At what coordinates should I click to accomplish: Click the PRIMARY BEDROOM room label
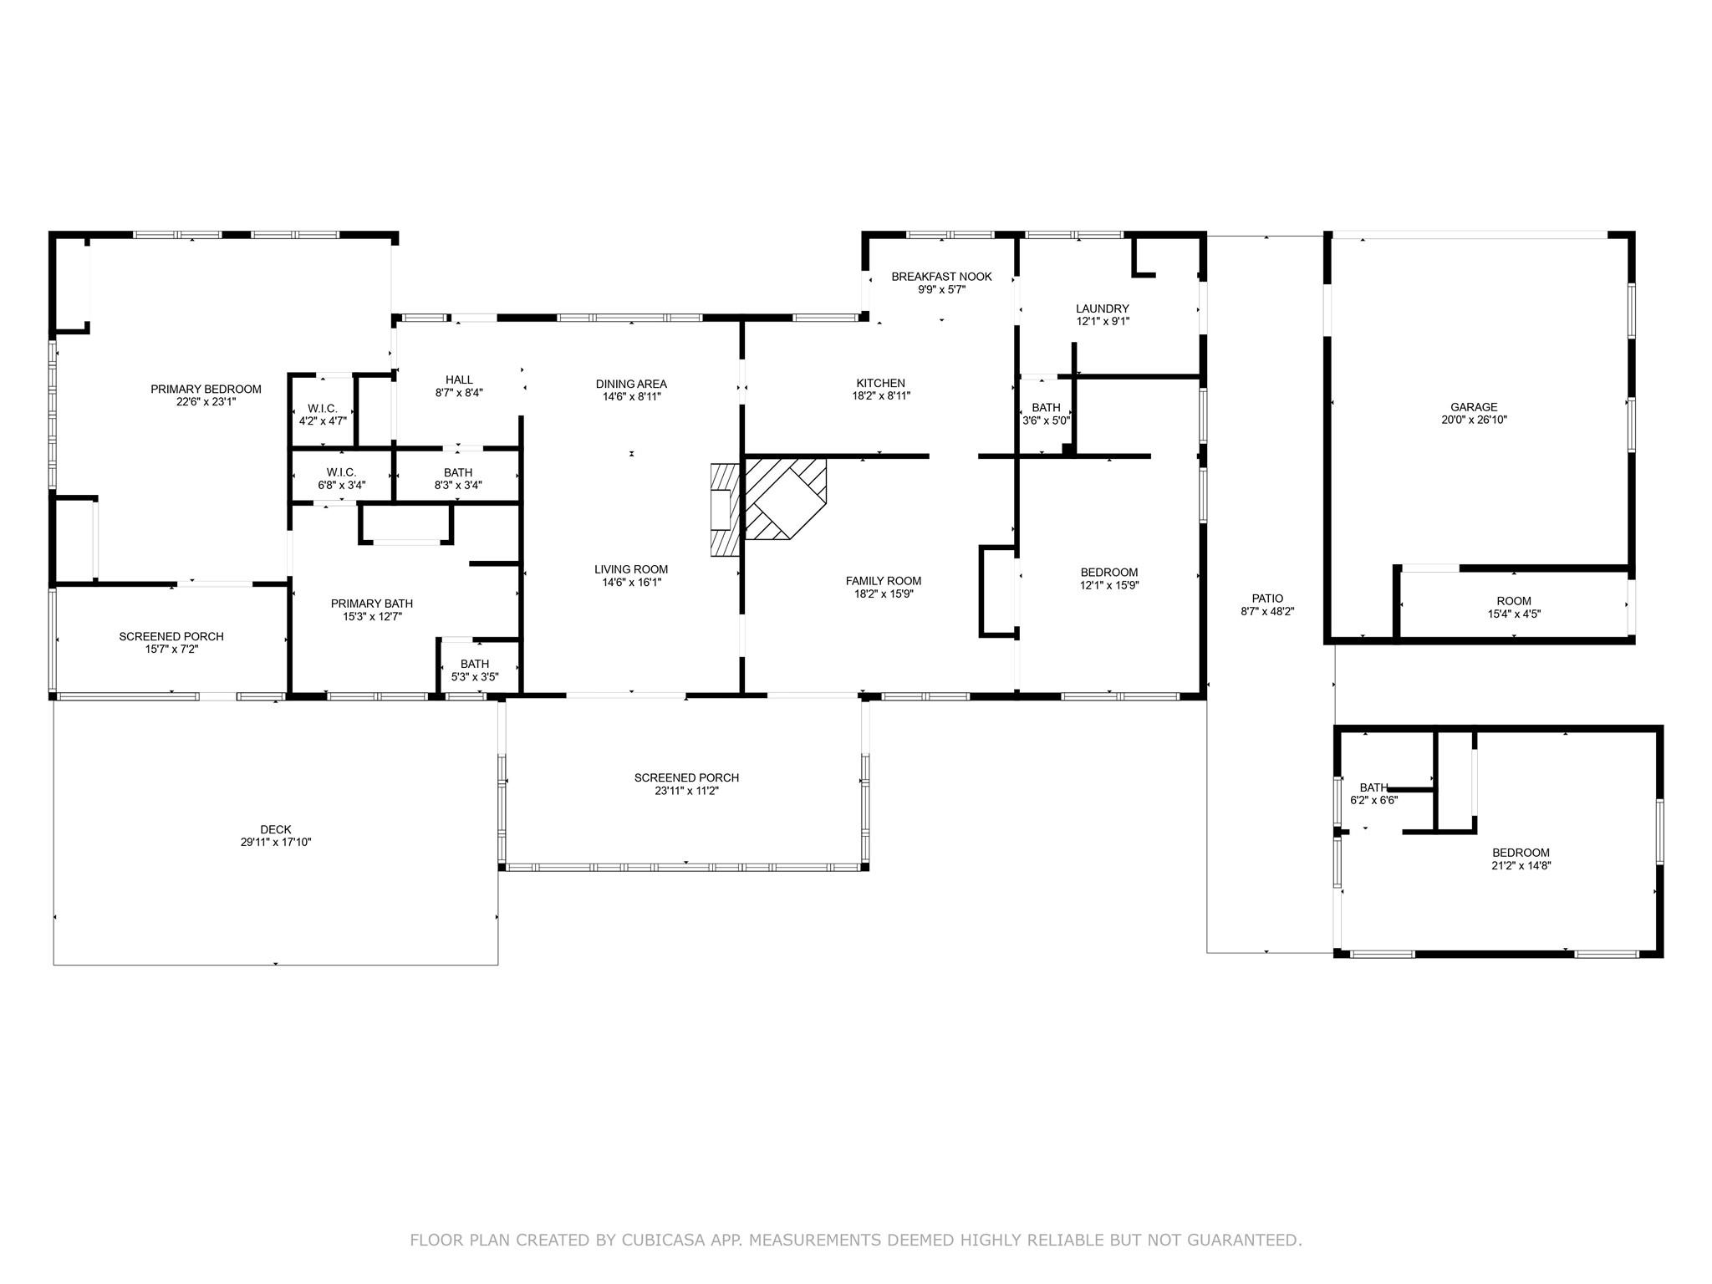[x=206, y=389]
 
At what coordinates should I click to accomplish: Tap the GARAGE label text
[x=1474, y=407]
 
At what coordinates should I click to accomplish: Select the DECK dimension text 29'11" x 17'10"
[x=276, y=843]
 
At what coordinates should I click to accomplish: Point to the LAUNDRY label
[x=1103, y=308]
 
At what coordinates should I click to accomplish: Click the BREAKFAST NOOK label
[x=941, y=277]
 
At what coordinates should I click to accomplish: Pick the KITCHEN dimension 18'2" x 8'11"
[x=881, y=396]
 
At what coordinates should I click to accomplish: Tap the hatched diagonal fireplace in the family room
[x=785, y=497]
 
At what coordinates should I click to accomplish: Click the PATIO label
[x=1267, y=599]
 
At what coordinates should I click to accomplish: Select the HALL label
[x=459, y=380]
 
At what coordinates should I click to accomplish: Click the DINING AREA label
[x=631, y=384]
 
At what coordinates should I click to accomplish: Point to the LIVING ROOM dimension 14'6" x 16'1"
[x=631, y=583]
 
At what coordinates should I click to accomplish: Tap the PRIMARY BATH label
[x=372, y=604]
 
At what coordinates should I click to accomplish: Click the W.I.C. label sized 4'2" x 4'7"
[x=323, y=408]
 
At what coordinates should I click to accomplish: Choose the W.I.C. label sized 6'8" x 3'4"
[x=341, y=472]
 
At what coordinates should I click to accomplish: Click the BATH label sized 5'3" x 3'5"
[x=475, y=665]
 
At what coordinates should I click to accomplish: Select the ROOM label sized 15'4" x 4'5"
[x=1514, y=601]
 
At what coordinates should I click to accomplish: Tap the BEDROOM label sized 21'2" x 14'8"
[x=1521, y=853]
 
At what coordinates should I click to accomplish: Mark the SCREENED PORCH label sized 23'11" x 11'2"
[x=686, y=778]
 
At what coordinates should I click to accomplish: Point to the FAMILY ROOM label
[x=884, y=581]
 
